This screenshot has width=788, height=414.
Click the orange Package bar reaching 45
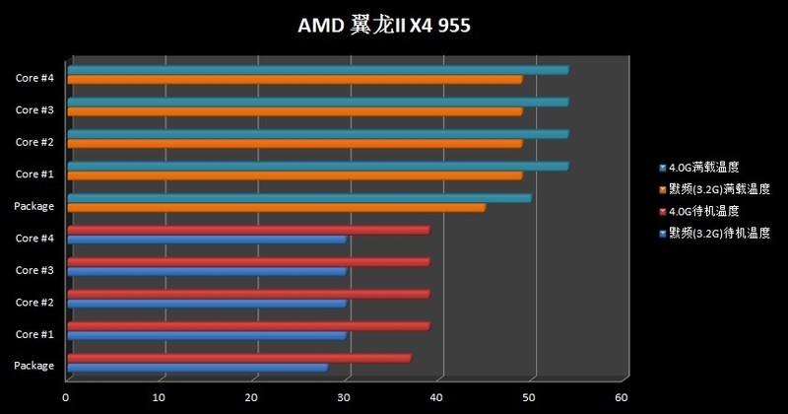coord(276,208)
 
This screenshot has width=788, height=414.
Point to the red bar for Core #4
coord(247,230)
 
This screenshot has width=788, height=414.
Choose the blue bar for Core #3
coord(206,271)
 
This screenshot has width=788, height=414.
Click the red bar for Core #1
coord(247,325)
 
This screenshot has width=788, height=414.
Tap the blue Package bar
coord(197,368)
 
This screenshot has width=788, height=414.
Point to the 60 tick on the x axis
coord(621,397)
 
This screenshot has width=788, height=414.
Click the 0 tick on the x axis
coord(66,397)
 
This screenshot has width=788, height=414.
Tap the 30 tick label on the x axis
coord(343,397)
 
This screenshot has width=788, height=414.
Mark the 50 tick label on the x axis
coord(528,397)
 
